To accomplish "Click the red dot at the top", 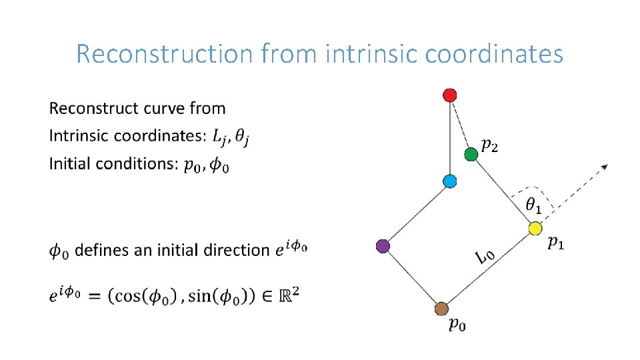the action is (x=450, y=95).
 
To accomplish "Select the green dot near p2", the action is (x=471, y=155).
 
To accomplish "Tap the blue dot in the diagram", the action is (x=450, y=181).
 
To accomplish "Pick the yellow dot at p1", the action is (x=534, y=229).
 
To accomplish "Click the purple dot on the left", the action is (x=383, y=246).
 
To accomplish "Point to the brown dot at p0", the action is (x=441, y=309).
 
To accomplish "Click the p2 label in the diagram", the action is (x=489, y=144).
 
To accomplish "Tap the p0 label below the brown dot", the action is (x=457, y=325).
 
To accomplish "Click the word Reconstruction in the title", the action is (x=164, y=53).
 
